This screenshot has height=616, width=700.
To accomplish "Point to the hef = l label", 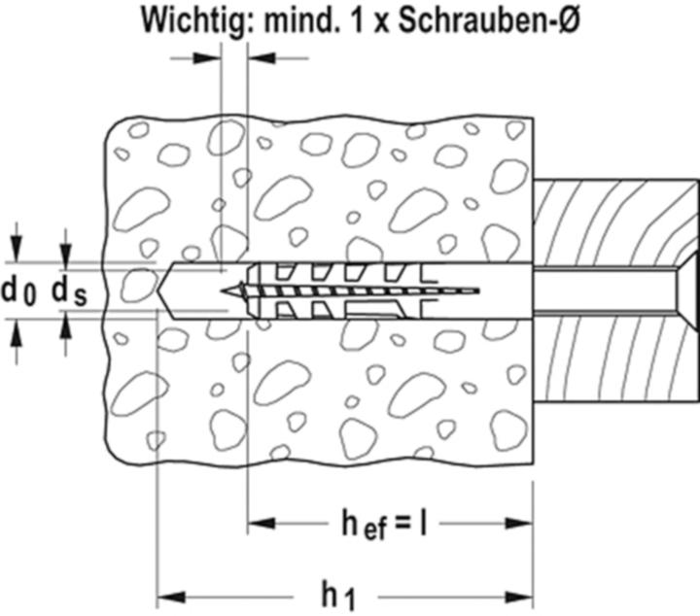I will click(385, 525).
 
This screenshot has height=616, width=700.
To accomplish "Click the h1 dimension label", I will click(336, 594).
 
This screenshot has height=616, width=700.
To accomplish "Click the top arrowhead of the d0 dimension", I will click(17, 252).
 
